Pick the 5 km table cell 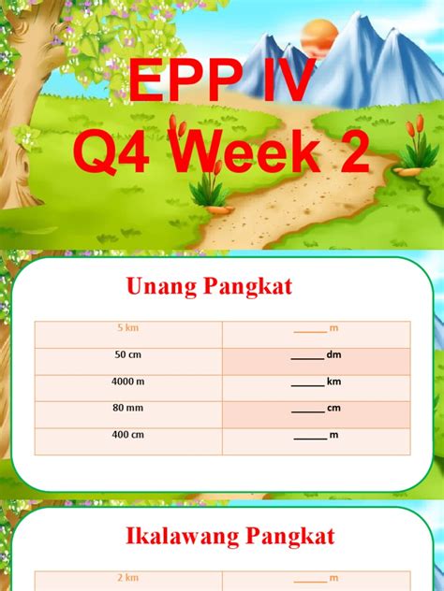[x=128, y=328]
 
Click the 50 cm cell [x=128, y=355]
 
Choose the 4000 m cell [x=128, y=382]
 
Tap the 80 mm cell [x=128, y=409]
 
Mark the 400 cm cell [x=128, y=436]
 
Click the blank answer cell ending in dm [x=316, y=355]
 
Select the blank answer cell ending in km [x=316, y=382]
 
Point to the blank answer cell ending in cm [x=316, y=409]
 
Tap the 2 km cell [x=128, y=579]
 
